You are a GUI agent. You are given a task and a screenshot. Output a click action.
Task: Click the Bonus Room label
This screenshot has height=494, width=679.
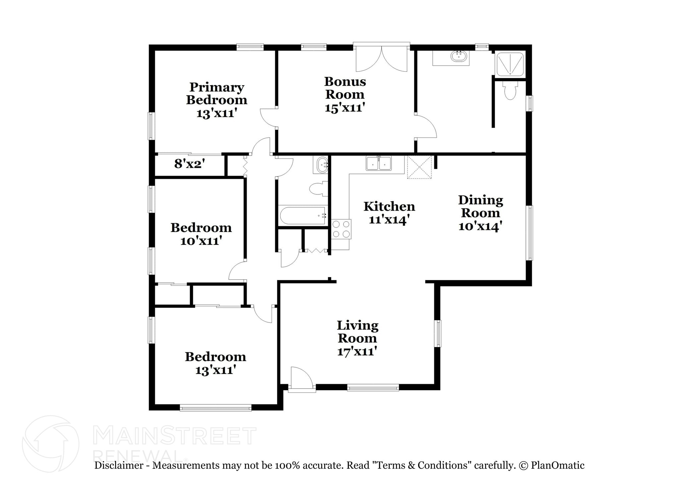345,88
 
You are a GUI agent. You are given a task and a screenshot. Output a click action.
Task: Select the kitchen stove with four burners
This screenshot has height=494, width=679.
341,229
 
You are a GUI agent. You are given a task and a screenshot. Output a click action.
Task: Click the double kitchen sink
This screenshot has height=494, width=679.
379,164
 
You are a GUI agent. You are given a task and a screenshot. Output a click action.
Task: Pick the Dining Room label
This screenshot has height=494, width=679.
480,206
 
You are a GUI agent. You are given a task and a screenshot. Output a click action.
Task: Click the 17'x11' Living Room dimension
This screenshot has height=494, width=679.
357,351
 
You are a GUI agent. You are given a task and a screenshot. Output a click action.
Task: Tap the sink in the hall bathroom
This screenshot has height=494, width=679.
322,165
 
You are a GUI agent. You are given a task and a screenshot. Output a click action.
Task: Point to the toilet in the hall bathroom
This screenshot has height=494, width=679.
318,189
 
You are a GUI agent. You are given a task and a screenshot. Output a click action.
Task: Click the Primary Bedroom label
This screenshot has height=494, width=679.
216,94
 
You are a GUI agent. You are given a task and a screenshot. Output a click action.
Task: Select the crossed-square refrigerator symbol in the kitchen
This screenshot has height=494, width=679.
419,167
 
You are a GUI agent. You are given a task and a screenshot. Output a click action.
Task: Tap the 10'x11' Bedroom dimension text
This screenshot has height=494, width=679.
201,241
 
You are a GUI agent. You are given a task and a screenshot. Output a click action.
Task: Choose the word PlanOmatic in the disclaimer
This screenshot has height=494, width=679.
557,465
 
